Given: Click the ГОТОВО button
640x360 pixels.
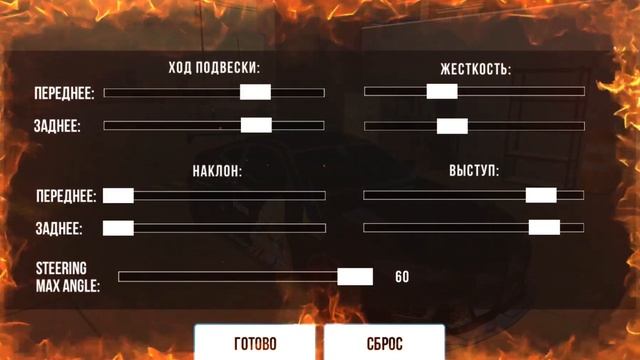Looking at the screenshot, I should tap(254, 343).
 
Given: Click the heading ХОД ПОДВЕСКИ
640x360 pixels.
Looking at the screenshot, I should tap(214, 69).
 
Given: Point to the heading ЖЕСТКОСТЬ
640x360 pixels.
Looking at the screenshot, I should tap(475, 70).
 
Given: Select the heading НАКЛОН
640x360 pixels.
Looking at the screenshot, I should tap(217, 171).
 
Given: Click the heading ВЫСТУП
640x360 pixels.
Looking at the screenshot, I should tap(474, 171).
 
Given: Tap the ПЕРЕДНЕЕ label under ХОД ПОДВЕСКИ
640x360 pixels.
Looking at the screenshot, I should tap(65, 93).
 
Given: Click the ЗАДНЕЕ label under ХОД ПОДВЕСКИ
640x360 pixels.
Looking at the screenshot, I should tap(58, 126).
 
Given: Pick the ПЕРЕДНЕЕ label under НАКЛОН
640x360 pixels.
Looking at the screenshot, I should tap(65, 195).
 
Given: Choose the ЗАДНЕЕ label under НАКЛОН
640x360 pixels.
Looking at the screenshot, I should tap(58, 228).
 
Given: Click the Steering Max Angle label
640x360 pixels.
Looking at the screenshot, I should tap(62, 276).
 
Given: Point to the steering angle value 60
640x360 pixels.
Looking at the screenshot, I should tap(402, 277).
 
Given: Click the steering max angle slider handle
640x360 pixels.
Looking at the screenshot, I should tap(355, 277).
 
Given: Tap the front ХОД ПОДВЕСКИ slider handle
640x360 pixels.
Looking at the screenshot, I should tap(255, 92).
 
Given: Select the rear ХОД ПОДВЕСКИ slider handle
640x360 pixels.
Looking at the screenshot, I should tap(256, 125).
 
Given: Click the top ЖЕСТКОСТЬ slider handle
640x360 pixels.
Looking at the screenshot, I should tap(441, 91).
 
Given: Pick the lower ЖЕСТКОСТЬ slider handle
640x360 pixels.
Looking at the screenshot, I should tap(452, 126).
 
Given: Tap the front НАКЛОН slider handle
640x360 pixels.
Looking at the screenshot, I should tap(118, 195).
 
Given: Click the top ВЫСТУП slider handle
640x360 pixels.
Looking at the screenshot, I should tap(541, 195).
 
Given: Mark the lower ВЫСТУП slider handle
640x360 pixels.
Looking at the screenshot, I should tap(544, 227).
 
